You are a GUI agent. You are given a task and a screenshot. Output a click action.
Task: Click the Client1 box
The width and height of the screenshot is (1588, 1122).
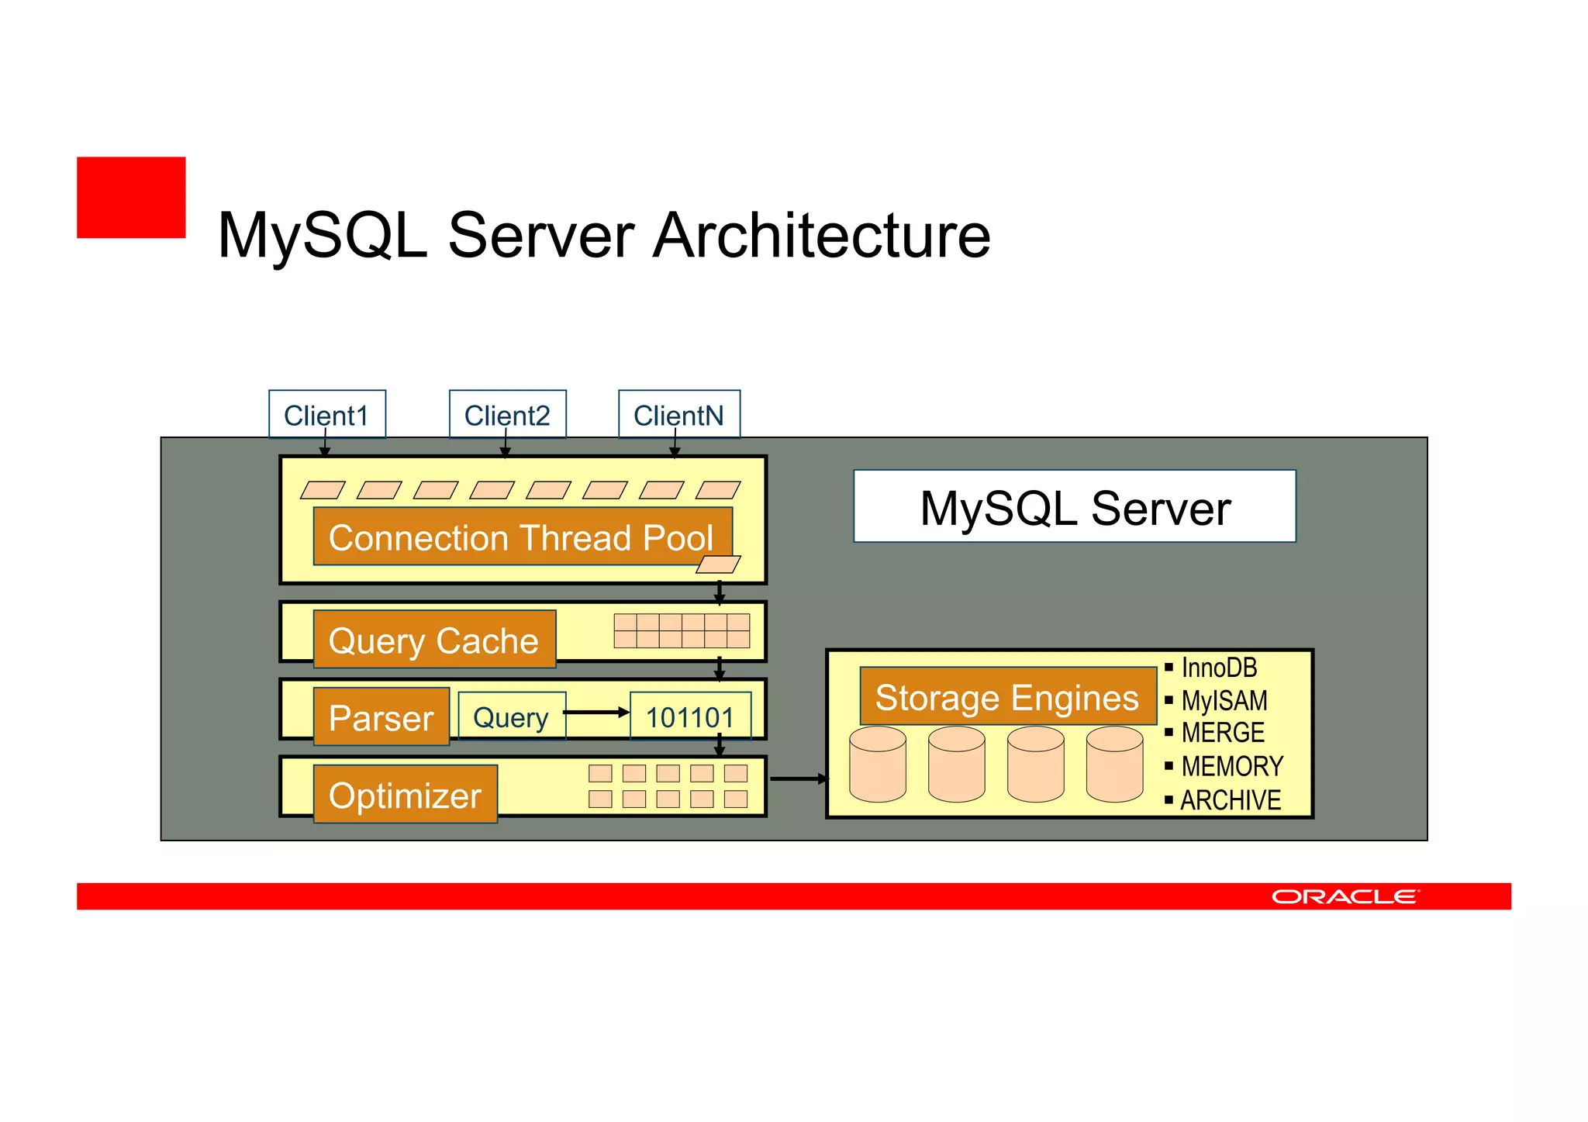coord(326,414)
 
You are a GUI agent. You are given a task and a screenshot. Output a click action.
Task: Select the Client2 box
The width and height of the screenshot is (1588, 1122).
coord(507,414)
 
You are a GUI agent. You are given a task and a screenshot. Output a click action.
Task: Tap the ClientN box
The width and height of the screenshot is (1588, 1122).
coord(678,414)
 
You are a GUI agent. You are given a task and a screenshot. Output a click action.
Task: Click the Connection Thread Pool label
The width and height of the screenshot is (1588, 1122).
coord(522,537)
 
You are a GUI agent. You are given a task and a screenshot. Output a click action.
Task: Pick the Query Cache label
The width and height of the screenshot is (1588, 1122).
coord(434,640)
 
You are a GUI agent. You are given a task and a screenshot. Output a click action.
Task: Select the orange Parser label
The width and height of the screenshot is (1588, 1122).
coord(381,716)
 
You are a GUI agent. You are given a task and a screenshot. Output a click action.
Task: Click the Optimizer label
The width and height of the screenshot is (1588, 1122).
coord(405,795)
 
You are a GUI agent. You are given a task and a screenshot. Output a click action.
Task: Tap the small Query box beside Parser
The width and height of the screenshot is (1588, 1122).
coord(511,716)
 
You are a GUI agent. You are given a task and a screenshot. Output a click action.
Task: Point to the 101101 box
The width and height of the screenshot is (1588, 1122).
coord(689,716)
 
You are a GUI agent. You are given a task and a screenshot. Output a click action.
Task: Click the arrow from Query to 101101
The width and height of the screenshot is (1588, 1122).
coord(595,712)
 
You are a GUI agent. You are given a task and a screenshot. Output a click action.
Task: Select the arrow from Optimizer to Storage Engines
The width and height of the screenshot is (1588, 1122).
coord(799,778)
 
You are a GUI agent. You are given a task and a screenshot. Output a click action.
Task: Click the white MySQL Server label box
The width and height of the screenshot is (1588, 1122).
coord(1074,506)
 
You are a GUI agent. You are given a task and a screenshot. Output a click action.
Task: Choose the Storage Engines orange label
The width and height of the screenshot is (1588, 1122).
coord(1006,696)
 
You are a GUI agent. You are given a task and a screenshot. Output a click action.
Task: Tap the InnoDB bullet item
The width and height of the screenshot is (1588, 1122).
coord(1218,667)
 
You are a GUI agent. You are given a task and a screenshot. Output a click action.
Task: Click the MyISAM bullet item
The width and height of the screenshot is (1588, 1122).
coord(1224,700)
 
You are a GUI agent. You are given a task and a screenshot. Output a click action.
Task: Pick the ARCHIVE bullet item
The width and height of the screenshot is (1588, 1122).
coord(1230,799)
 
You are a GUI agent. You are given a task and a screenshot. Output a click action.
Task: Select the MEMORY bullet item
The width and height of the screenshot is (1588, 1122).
coord(1231,766)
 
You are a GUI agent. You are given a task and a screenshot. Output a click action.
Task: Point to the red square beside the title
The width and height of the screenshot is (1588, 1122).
coord(131,198)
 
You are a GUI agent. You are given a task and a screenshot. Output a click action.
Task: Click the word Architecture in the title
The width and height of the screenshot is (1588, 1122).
coord(821,235)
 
